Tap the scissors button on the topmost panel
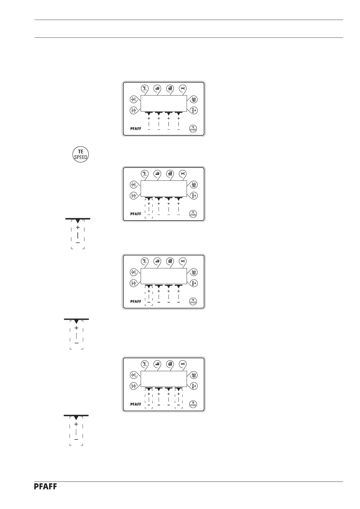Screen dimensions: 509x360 click(182, 88)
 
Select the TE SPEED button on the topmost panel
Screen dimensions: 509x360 click(193, 128)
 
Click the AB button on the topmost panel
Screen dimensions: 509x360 click(133, 99)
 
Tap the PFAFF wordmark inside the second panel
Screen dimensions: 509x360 click(136, 214)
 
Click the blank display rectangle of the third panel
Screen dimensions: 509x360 click(164, 276)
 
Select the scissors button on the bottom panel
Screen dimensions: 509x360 click(182, 364)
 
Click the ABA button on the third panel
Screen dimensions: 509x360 click(194, 272)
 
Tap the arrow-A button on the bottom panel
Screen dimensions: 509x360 click(194, 386)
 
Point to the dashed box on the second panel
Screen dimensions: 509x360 click(149, 208)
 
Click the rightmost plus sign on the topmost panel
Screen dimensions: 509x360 click(178, 119)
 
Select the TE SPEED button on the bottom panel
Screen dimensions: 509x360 click(193, 404)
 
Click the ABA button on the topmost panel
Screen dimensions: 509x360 click(194, 99)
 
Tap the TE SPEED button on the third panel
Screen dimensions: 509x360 click(193, 301)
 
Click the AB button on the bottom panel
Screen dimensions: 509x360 click(133, 375)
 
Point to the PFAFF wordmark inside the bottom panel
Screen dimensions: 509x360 click(136, 404)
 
